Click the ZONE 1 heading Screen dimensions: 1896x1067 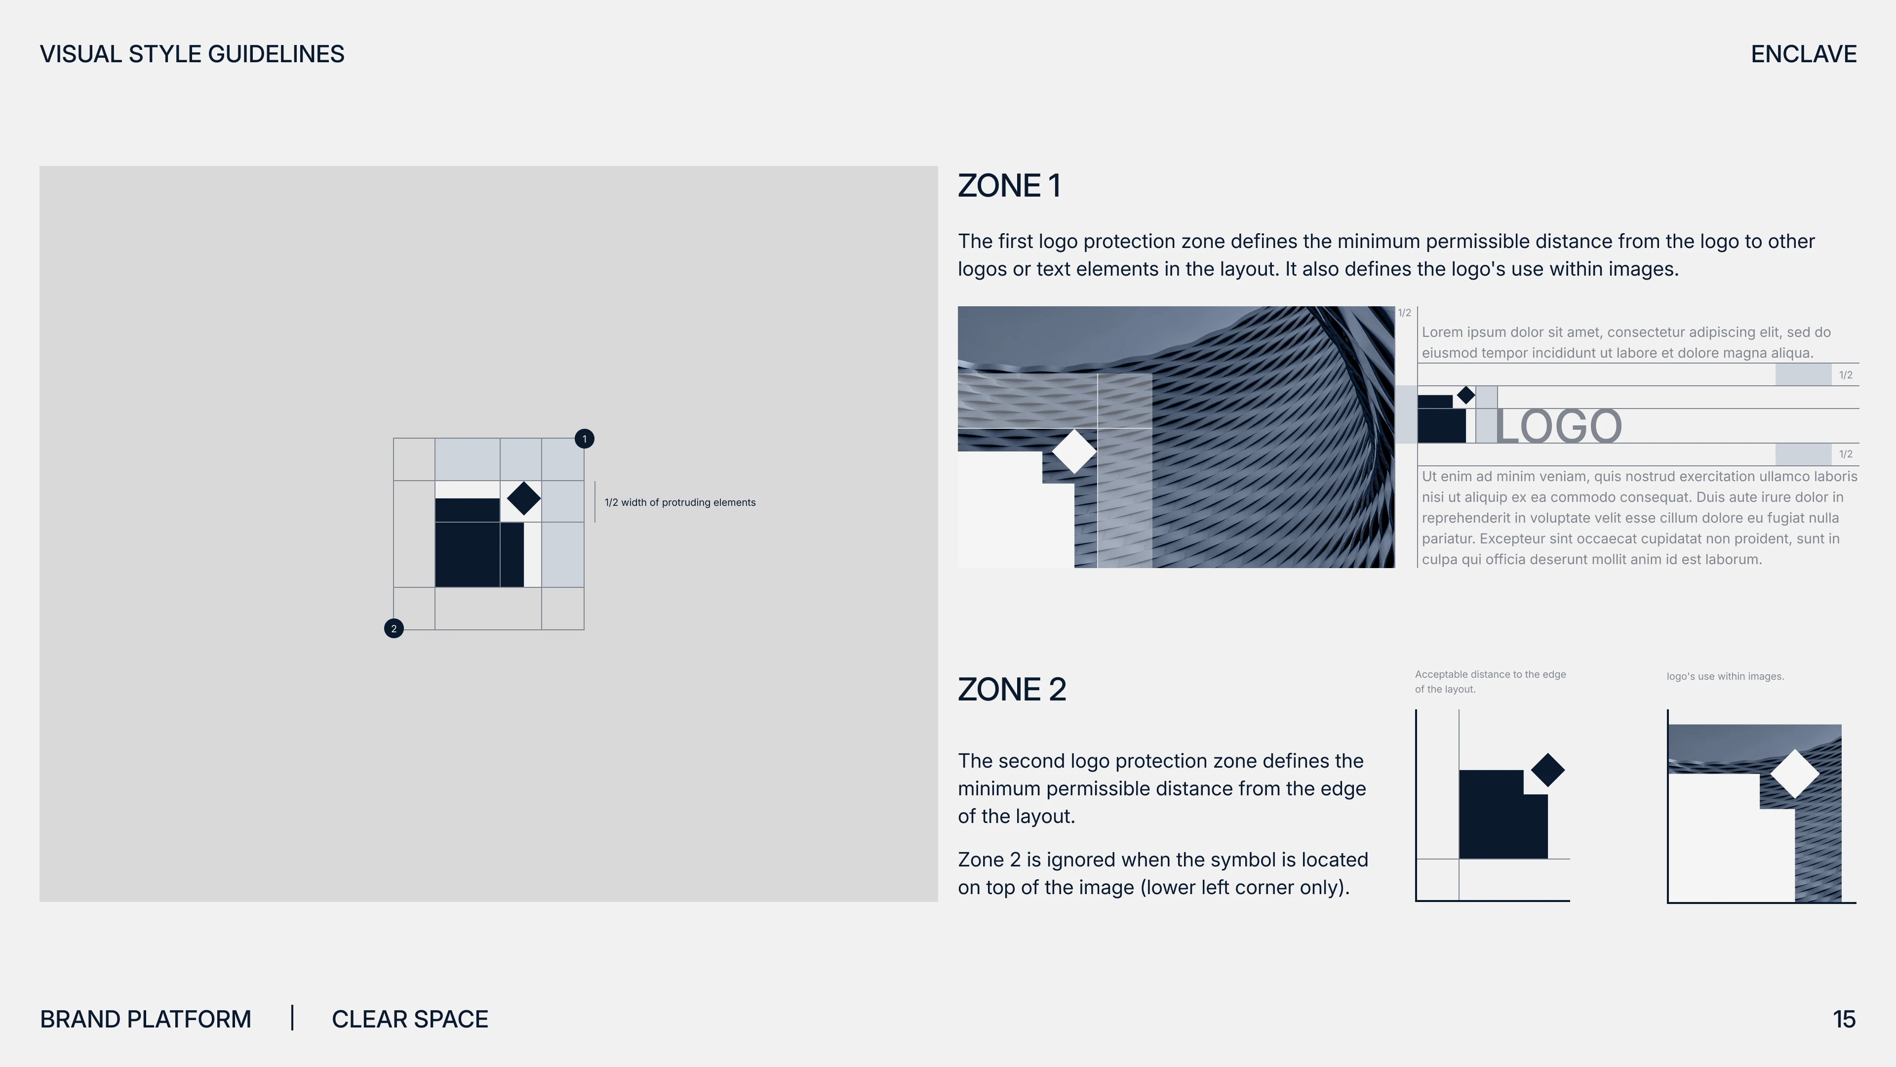point(1009,186)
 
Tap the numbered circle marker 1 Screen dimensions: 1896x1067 point(585,439)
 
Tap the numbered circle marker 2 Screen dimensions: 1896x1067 point(394,628)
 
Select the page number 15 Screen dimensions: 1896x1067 point(1844,1019)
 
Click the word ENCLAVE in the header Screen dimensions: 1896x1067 point(1803,54)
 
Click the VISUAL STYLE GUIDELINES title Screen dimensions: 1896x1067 point(192,54)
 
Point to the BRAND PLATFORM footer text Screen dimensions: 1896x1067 point(146,1019)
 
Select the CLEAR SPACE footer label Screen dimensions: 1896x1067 point(410,1019)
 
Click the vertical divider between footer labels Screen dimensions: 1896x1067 point(292,1018)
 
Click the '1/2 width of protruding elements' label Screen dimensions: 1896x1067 point(680,502)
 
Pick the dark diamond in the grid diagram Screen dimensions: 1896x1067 point(524,498)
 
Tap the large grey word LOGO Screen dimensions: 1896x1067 point(1558,426)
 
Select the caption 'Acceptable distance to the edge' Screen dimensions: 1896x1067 point(1491,674)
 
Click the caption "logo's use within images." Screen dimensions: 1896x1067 point(1725,676)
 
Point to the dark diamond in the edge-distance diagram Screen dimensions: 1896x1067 point(1548,770)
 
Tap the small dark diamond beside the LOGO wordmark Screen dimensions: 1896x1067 point(1466,395)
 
